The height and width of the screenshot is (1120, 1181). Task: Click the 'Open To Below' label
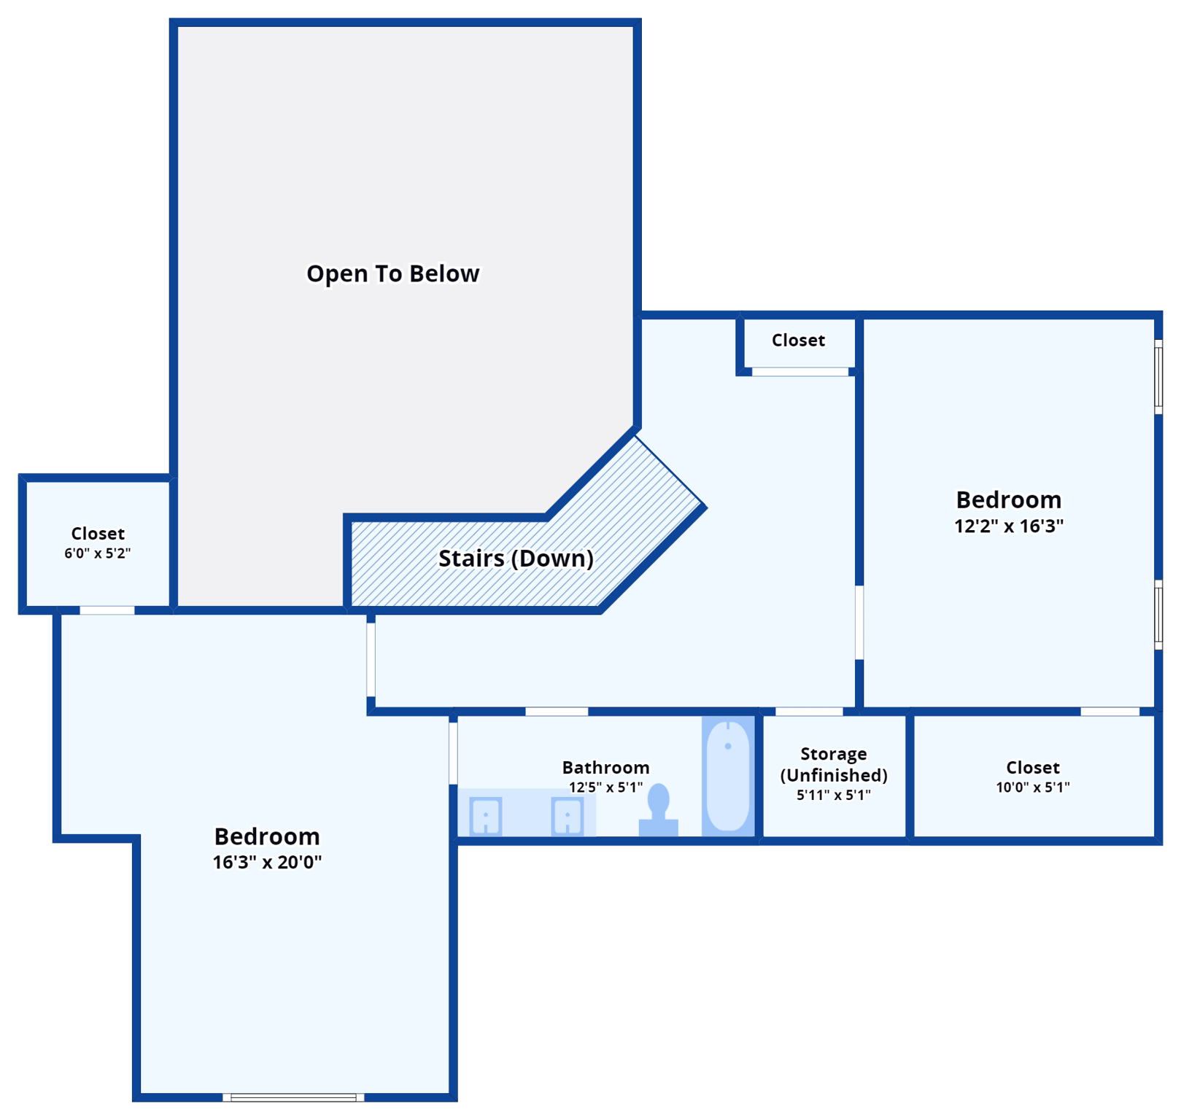392,273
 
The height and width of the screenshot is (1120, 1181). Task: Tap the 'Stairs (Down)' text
516,559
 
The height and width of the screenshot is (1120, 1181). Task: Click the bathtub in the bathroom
728,775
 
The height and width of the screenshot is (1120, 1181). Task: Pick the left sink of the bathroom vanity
486,816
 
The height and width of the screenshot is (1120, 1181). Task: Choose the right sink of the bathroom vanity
567,816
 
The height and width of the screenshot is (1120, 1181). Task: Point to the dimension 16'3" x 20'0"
267,862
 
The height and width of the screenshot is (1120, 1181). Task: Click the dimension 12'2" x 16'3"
1009,526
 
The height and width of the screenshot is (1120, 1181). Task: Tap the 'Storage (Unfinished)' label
834,764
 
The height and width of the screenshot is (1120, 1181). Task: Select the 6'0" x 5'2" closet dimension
98,553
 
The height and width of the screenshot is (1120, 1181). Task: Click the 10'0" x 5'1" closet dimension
1033,787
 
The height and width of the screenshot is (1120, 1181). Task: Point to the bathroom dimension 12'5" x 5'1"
605,787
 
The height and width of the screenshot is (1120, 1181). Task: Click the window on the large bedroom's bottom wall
293,1097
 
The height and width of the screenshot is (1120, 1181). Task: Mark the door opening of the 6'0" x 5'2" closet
107,610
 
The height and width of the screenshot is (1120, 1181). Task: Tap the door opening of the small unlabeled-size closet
800,372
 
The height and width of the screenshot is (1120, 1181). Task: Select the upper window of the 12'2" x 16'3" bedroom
1158,376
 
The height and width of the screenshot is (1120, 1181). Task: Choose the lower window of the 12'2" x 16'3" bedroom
1158,614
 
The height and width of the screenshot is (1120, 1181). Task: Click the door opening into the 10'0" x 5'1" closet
1110,711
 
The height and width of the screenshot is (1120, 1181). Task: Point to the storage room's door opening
809,711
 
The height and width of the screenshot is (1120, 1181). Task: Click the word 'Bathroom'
605,767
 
